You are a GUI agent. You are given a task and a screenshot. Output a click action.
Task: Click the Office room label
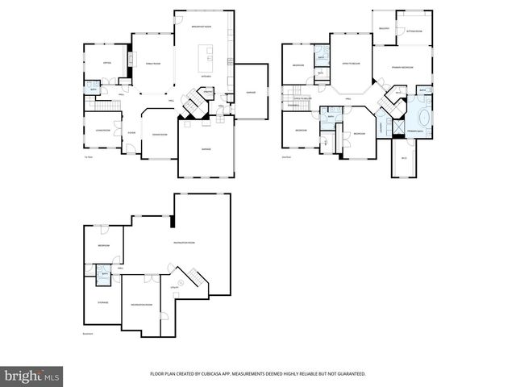pos(106,62)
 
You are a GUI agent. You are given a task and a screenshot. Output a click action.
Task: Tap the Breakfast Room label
pos(202,27)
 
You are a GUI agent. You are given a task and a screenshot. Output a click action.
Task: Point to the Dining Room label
pos(160,134)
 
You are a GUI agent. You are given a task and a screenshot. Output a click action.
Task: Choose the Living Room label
pos(102,129)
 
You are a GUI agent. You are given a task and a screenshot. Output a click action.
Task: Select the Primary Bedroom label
pos(402,67)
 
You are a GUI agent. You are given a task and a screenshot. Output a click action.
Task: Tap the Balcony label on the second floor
pos(384,29)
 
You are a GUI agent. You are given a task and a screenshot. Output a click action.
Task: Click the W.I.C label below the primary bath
pos(405,158)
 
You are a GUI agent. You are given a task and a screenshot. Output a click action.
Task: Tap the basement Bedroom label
pos(104,245)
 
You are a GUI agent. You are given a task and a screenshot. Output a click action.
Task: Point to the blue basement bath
pos(103,275)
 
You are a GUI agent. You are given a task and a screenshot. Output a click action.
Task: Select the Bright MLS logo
pos(32,376)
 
